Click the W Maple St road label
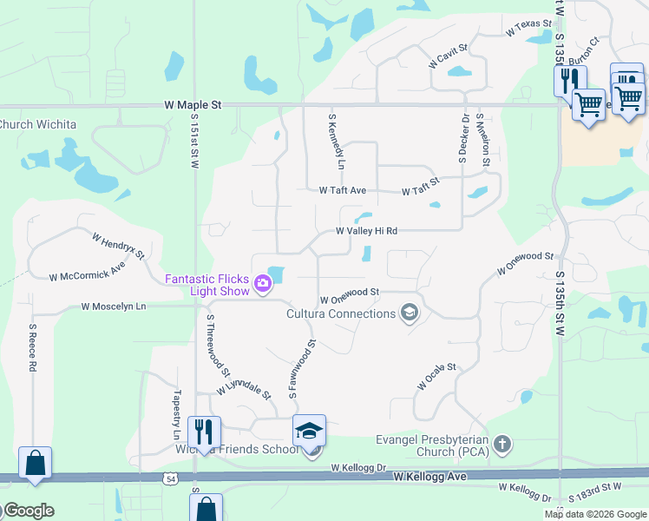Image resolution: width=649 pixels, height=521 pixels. (x=193, y=104)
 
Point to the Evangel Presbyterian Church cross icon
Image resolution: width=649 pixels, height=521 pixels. (x=501, y=445)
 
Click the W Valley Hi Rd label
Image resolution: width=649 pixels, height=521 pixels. (x=367, y=231)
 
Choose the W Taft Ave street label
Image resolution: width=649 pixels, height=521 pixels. (x=343, y=189)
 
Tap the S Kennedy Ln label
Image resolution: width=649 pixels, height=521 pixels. (x=336, y=141)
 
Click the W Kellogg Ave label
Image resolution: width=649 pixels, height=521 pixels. (x=430, y=477)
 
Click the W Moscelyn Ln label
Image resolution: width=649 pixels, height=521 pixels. (x=114, y=307)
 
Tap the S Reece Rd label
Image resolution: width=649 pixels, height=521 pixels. (x=32, y=348)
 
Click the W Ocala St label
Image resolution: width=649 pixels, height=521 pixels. (x=436, y=378)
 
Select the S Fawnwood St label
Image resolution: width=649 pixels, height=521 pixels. (x=301, y=370)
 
